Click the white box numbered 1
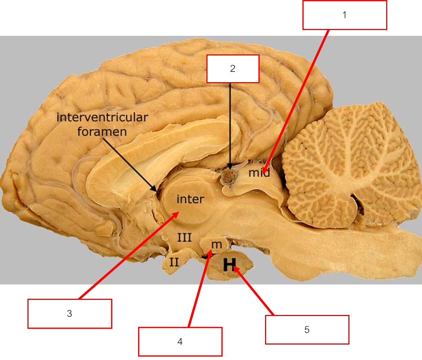point(344,15)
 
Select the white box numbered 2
point(233,69)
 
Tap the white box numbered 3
point(69,314)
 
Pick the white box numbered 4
point(180,341)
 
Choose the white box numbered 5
point(307,330)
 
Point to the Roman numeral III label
point(184,237)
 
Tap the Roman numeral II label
point(174,262)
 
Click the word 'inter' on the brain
point(190,199)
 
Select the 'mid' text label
point(259,173)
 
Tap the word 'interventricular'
point(102,117)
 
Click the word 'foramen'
point(102,132)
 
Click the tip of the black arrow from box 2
point(230,169)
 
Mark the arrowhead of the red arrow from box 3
point(177,213)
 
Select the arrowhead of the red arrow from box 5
point(235,269)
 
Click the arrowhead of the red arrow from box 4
point(211,251)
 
